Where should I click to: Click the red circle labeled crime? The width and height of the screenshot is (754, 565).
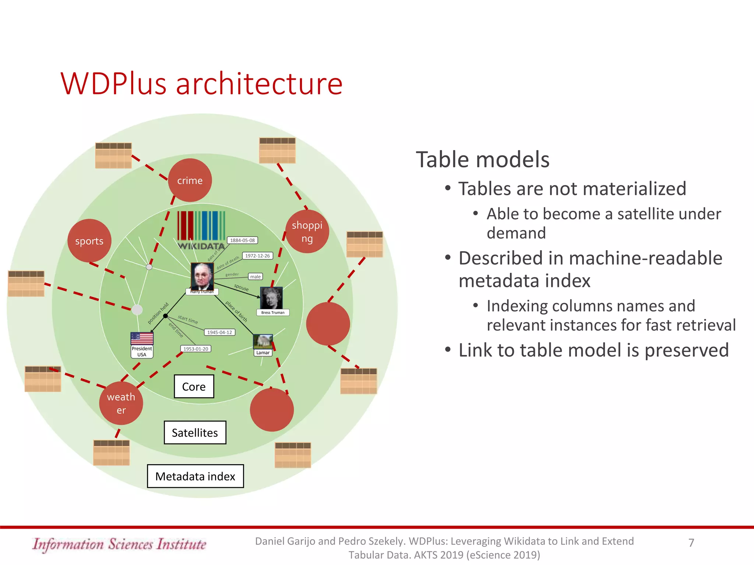[x=190, y=180]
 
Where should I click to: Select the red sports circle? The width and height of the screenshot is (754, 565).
[x=89, y=241]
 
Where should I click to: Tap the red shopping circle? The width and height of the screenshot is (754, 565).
[x=307, y=231]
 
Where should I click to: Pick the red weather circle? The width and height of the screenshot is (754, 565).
[x=121, y=403]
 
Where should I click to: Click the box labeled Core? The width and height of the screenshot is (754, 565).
[x=194, y=387]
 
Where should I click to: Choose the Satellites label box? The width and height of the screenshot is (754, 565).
[x=195, y=433]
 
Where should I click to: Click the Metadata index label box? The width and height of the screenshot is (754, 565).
[x=195, y=476]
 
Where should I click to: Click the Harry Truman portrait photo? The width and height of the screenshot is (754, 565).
[x=202, y=276]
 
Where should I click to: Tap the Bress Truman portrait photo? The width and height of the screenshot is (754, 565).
[x=271, y=298]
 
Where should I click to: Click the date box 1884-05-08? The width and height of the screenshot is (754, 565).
[x=242, y=240]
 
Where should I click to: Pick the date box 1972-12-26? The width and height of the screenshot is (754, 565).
[x=257, y=256]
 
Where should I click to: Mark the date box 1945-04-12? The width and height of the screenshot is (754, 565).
[x=219, y=332]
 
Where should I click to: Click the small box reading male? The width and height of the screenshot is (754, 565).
[x=255, y=277]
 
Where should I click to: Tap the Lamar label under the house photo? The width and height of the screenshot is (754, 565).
[x=263, y=352]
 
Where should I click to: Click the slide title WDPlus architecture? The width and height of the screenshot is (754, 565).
[x=201, y=84]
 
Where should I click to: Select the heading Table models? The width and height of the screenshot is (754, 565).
[x=482, y=160]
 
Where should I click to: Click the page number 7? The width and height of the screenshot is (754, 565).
[x=691, y=543]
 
